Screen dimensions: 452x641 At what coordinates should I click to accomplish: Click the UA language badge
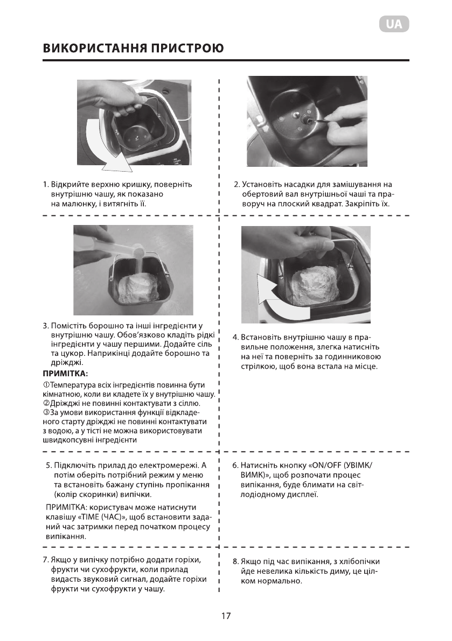(x=393, y=24)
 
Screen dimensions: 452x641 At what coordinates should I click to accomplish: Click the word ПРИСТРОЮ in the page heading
(x=187, y=48)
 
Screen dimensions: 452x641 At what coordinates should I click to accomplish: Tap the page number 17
(x=226, y=616)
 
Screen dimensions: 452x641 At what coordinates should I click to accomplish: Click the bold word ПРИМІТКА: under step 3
(x=65, y=373)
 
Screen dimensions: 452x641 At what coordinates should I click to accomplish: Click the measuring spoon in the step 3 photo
(x=119, y=248)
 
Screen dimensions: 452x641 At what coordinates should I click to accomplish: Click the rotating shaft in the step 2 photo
(x=306, y=120)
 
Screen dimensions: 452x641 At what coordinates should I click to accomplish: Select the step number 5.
(x=48, y=465)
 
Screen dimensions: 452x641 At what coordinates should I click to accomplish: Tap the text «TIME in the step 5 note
(x=88, y=517)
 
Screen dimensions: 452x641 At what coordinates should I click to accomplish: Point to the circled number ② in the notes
(x=46, y=404)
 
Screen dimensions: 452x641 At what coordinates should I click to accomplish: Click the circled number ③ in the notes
(x=46, y=413)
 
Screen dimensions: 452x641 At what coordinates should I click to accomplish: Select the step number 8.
(x=235, y=562)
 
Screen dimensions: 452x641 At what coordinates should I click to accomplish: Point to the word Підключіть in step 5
(x=75, y=465)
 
